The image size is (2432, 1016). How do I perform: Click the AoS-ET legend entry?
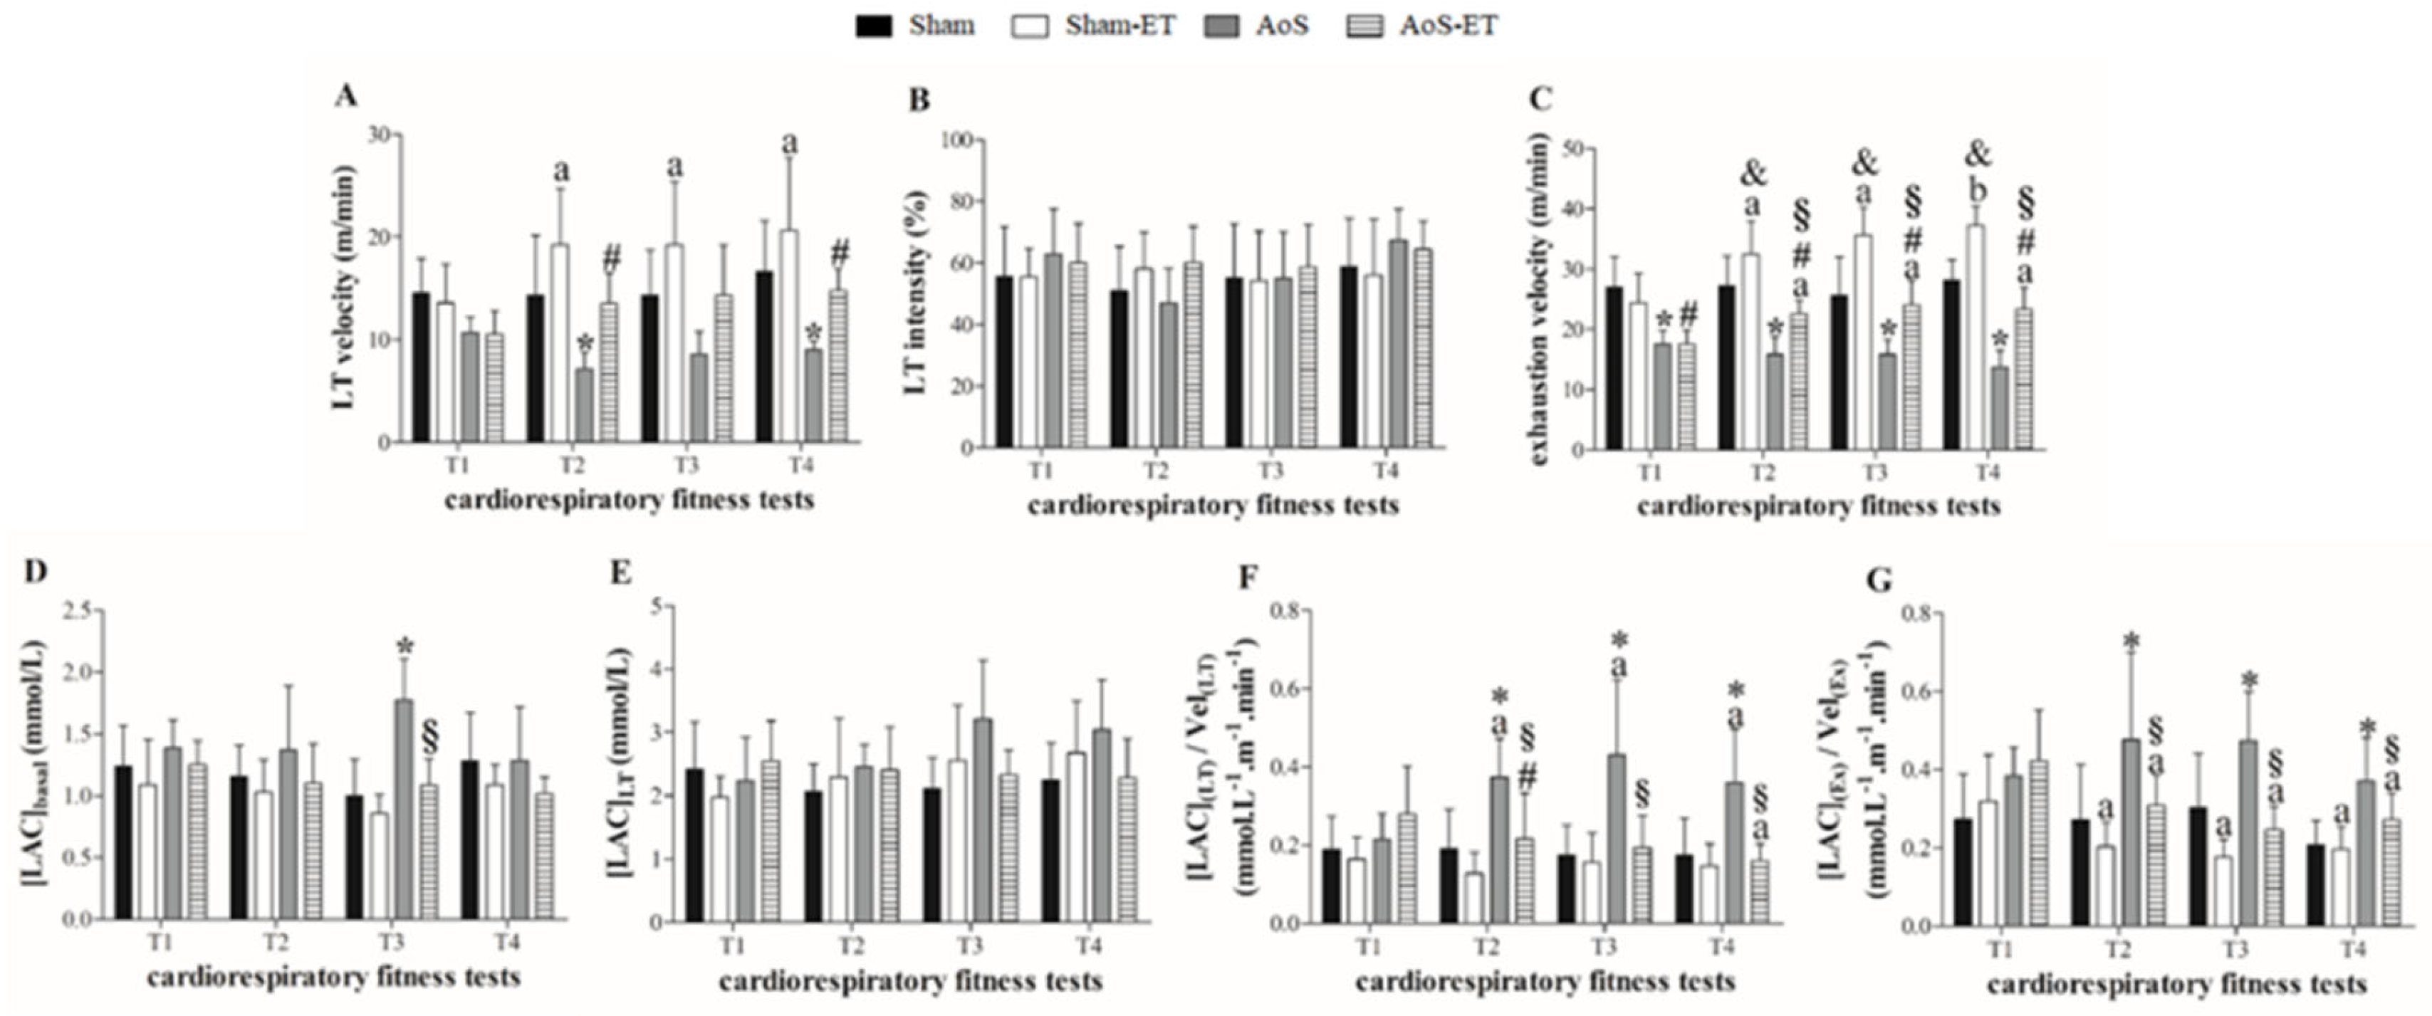(1446, 26)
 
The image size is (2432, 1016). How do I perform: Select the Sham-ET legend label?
(1120, 26)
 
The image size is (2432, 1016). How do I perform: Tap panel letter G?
(1879, 580)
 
